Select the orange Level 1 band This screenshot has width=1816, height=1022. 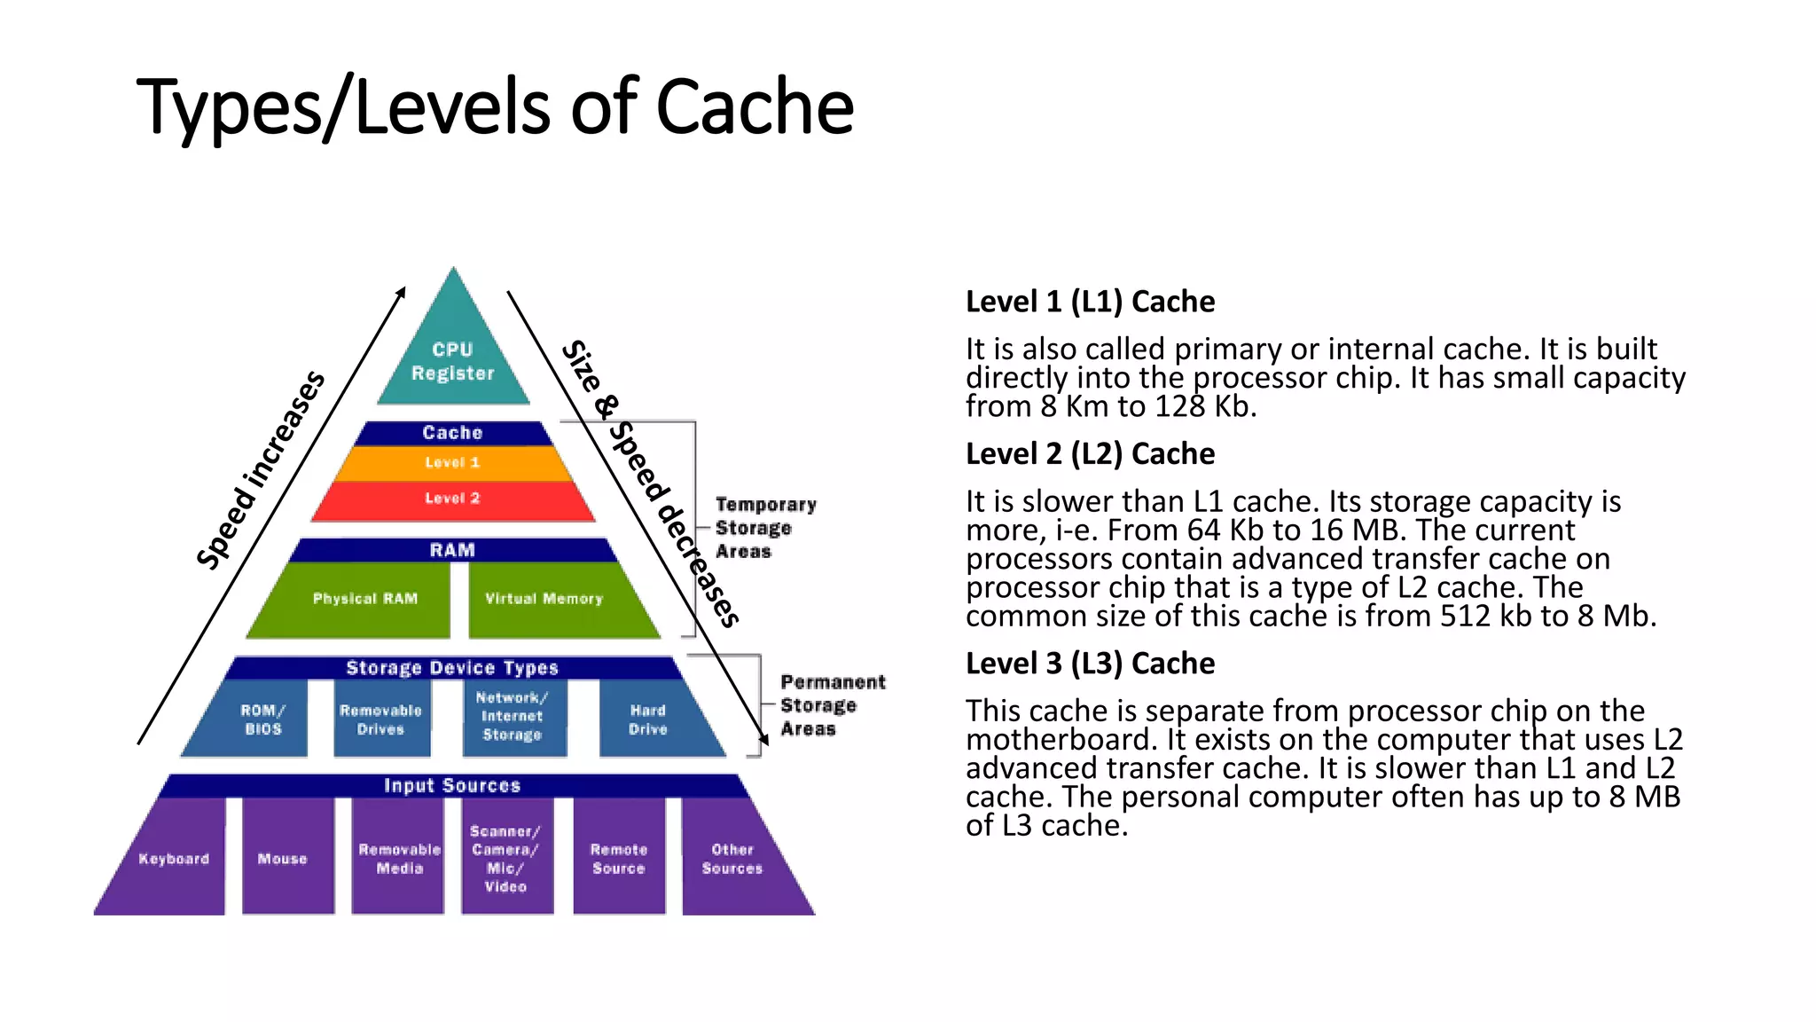(452, 463)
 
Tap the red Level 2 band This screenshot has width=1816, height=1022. (452, 499)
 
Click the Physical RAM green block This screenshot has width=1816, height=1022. (364, 600)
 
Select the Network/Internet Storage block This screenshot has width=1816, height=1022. (513, 717)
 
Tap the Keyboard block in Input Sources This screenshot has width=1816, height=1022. (173, 859)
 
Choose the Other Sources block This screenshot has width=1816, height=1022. (732, 859)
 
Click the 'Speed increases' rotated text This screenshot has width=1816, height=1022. (260, 470)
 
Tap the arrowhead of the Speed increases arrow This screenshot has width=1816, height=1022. (403, 291)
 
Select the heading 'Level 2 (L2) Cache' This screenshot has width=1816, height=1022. (1090, 454)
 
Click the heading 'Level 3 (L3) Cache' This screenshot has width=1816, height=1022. (1090, 664)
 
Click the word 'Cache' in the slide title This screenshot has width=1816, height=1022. (755, 106)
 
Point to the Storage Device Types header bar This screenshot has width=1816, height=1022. (452, 668)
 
